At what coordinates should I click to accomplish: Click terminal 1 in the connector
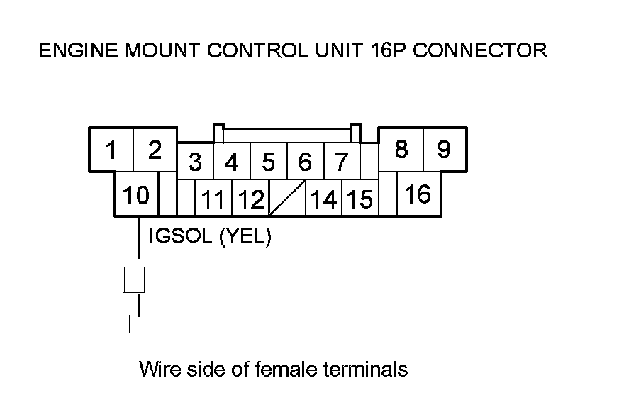[111, 150]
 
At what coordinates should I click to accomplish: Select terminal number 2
[155, 150]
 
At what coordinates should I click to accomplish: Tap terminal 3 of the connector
[195, 162]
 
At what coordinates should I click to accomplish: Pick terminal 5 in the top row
[268, 162]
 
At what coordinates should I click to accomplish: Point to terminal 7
[342, 162]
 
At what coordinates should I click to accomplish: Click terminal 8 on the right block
[401, 150]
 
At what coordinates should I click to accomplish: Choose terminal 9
[444, 150]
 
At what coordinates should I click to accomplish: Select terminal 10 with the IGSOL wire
[135, 194]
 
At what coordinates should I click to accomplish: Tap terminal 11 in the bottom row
[213, 199]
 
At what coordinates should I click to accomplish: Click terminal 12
[250, 199]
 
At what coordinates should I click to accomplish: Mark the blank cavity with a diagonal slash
[286, 198]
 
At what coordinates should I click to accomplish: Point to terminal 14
[324, 199]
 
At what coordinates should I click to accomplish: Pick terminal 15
[360, 199]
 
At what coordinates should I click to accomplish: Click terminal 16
[418, 194]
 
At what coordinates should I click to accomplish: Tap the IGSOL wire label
[181, 237]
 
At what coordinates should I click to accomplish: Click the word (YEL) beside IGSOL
[245, 237]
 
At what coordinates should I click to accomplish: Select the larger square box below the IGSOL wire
[135, 279]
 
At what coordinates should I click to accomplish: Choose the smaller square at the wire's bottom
[135, 324]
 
